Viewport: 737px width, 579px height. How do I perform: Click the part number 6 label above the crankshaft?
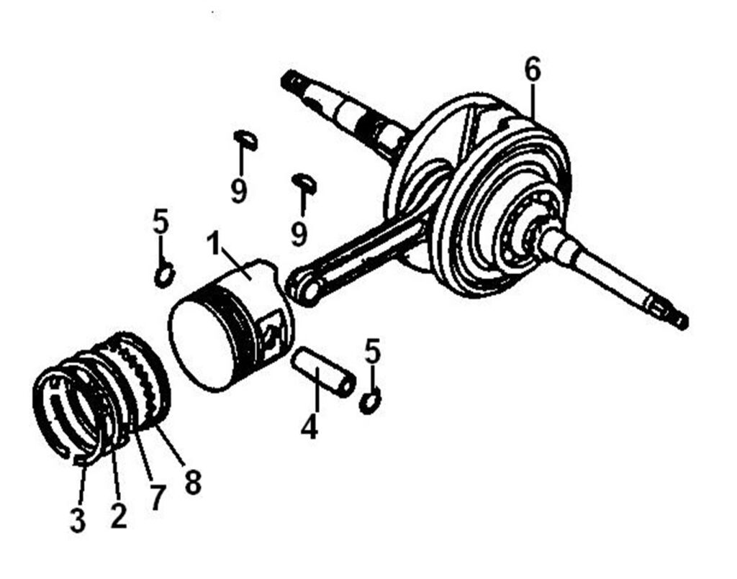pos(533,70)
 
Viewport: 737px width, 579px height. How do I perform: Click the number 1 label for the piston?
pos(214,244)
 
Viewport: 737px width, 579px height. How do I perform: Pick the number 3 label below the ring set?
pos(78,520)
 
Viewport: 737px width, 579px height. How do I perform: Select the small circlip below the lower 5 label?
pos(371,402)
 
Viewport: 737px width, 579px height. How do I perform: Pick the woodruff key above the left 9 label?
pos(246,140)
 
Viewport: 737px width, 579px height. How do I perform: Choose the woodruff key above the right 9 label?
pos(304,182)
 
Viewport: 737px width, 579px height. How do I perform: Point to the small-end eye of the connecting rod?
pos(304,286)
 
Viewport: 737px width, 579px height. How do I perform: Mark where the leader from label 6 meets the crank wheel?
pos(533,117)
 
